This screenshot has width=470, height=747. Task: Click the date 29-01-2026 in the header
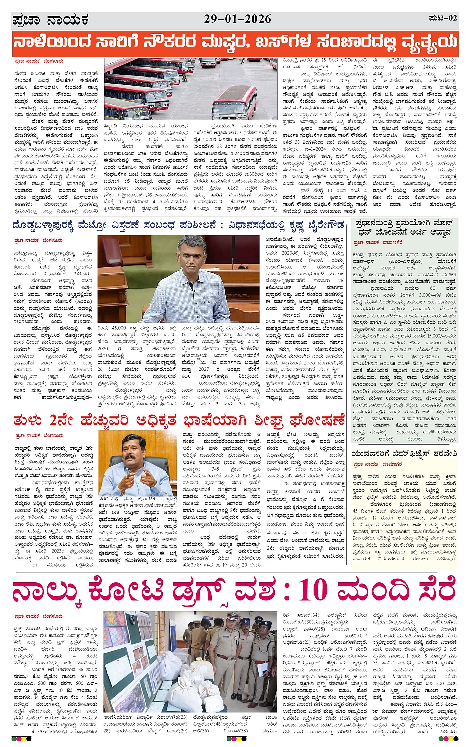[238, 19]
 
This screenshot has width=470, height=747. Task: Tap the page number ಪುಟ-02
[442, 18]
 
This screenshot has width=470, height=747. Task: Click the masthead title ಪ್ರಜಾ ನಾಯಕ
[50, 20]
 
